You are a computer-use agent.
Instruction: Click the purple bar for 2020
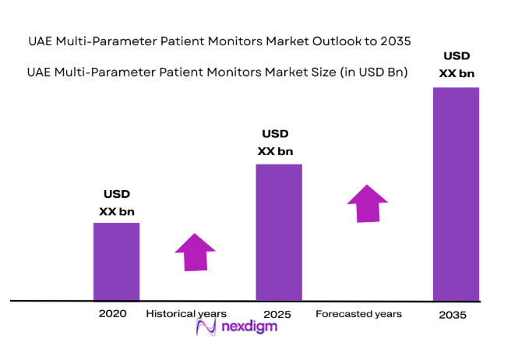click(x=116, y=261)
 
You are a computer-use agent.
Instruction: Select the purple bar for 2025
click(x=278, y=231)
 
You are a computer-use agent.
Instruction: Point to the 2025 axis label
click(x=277, y=314)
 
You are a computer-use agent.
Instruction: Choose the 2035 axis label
click(x=452, y=315)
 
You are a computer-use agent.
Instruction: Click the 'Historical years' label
click(x=186, y=313)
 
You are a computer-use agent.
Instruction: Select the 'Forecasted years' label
click(x=359, y=313)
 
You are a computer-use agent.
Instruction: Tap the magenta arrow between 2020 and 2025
click(x=195, y=251)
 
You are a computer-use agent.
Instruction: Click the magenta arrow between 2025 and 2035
click(x=367, y=203)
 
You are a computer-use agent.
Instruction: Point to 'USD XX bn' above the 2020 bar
click(x=117, y=203)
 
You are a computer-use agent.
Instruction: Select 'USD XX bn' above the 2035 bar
click(x=456, y=64)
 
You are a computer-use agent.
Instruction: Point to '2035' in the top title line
click(x=394, y=41)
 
